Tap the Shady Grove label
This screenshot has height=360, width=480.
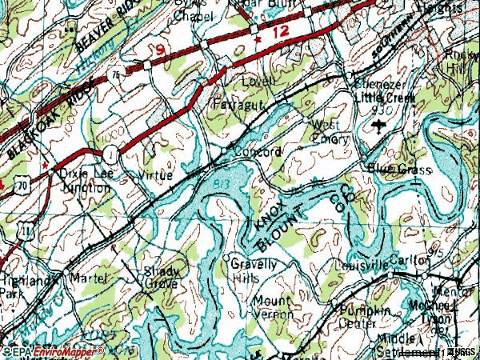point(161,277)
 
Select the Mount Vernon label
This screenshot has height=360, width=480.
point(273,307)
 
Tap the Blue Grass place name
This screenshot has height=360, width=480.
point(399,170)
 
